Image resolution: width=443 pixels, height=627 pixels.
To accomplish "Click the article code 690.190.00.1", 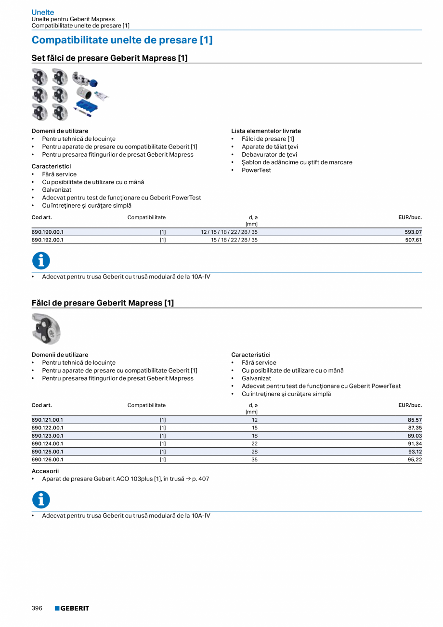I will [x=47, y=232].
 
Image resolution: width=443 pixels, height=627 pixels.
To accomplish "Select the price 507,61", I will [x=413, y=240].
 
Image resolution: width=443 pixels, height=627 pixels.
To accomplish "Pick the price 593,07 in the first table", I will [x=413, y=232].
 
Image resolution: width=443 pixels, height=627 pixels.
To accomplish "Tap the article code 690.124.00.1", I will [x=47, y=443].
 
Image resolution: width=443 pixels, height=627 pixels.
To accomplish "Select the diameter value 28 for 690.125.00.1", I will [x=254, y=452].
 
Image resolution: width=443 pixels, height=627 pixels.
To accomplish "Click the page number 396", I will [x=37, y=608].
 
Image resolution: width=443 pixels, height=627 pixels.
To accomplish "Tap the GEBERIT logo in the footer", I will [x=72, y=608].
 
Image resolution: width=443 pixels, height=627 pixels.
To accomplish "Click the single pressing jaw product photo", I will [x=46, y=329].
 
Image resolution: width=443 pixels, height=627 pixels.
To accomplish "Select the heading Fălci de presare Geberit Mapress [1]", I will [x=103, y=303].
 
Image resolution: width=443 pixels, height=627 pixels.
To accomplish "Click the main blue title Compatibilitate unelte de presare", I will [x=122, y=40].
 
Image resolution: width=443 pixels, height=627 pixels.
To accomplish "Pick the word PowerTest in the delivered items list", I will [x=256, y=170].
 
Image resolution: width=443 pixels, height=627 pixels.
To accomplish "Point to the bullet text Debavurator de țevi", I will [x=269, y=154].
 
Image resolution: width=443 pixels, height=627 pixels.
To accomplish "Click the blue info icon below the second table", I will [x=41, y=500].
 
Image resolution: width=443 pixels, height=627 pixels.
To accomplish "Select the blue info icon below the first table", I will [x=41, y=261].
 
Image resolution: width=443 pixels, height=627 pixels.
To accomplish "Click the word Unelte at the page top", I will [x=43, y=12].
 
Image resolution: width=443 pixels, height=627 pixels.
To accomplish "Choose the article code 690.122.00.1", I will [x=47, y=427].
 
